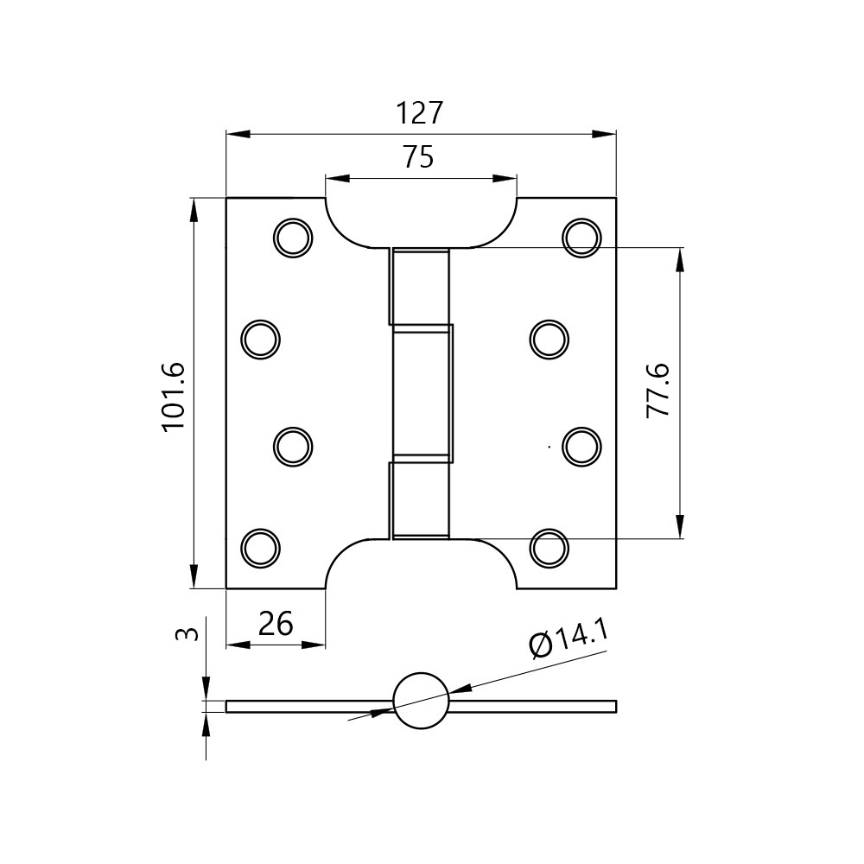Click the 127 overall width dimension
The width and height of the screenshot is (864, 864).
click(x=420, y=113)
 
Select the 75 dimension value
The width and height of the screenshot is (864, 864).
click(x=419, y=157)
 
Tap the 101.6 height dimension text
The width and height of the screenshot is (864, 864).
click(x=175, y=397)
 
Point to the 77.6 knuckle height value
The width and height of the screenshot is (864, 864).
click(x=658, y=391)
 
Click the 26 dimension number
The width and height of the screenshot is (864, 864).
click(x=276, y=624)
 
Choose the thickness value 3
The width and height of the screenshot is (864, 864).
click(x=187, y=634)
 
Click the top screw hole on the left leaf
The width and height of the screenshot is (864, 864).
click(x=293, y=238)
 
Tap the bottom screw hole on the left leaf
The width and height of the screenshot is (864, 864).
click(x=261, y=549)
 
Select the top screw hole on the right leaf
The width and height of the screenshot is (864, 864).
click(x=581, y=238)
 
